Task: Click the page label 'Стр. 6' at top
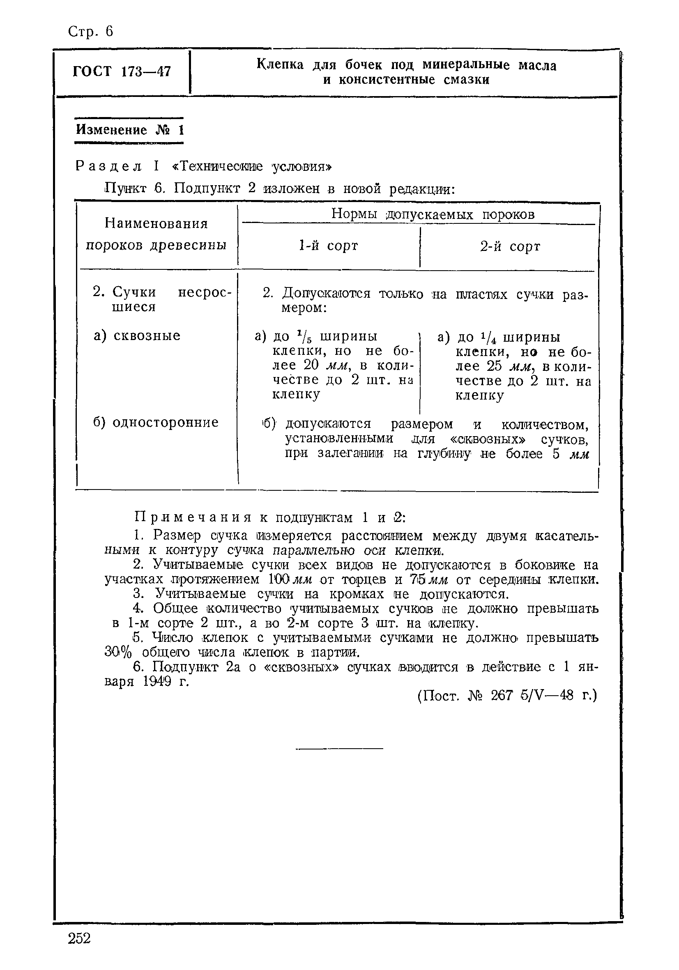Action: coord(90,32)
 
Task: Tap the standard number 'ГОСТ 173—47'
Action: coord(122,71)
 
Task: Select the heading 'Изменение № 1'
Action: coord(130,130)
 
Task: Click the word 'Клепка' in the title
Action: coord(280,64)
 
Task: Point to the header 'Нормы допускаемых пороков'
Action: coord(433,214)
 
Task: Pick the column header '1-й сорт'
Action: coord(328,246)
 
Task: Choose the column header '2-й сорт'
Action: coord(510,246)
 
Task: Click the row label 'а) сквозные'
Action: coord(137,336)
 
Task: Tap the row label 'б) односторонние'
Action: coord(156,422)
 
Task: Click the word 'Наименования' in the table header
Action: coord(157,223)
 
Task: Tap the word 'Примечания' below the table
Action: coord(193,517)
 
